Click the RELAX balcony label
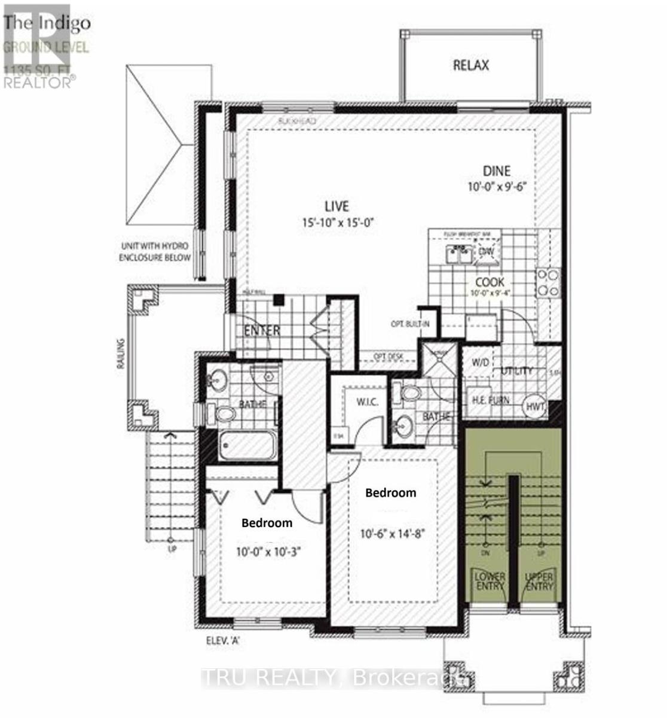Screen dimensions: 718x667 470,65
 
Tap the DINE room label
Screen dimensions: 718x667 497,172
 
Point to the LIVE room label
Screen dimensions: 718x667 336,206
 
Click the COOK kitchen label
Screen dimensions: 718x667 489,282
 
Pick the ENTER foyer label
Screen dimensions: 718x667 262,330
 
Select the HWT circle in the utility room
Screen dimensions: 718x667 536,407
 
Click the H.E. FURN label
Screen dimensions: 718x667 491,400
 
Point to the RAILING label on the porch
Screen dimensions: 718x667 121,354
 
